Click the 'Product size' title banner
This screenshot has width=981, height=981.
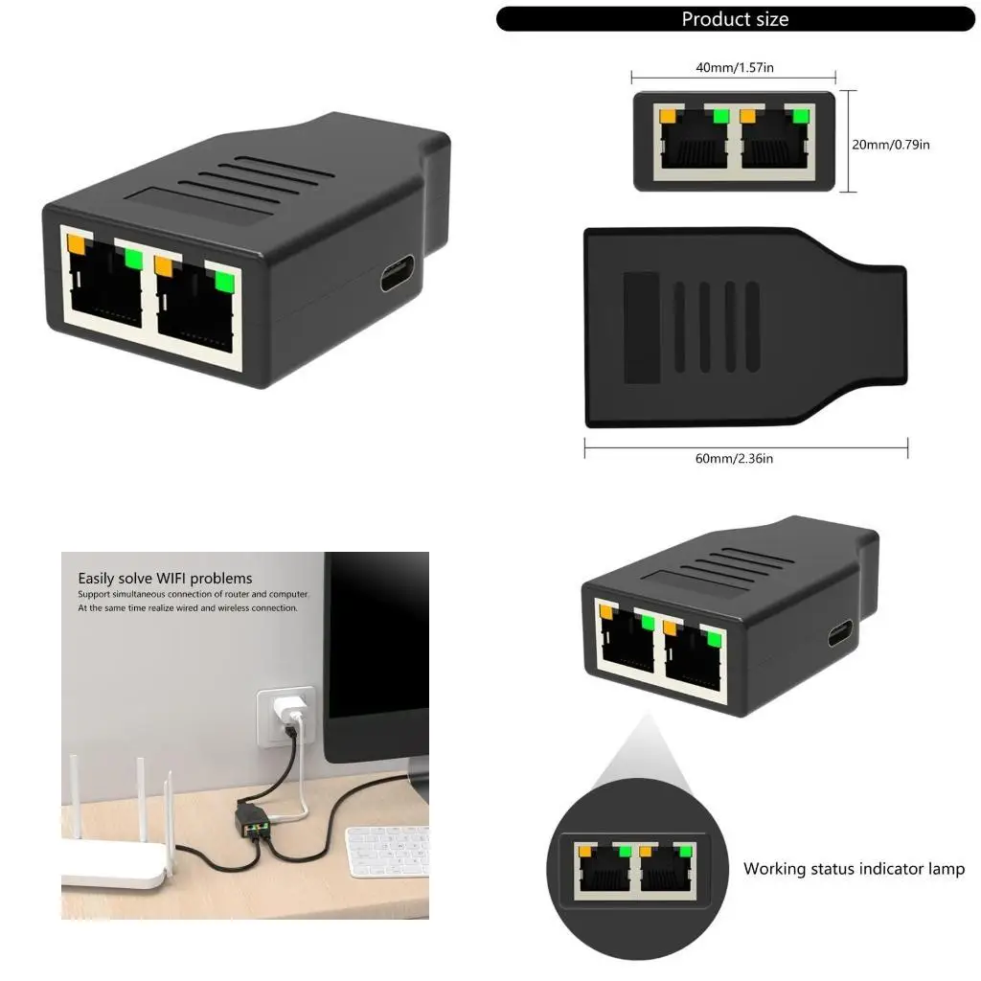pyautogui.click(x=735, y=19)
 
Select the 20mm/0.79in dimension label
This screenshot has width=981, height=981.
pyautogui.click(x=891, y=145)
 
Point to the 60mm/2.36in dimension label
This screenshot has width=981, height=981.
pyautogui.click(x=734, y=459)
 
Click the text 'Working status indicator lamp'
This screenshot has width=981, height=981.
pyautogui.click(x=854, y=869)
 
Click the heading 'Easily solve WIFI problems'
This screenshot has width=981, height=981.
pyautogui.click(x=165, y=578)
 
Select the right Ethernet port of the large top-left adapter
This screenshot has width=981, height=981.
pyautogui.click(x=195, y=307)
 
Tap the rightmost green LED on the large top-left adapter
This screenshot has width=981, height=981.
pyautogui.click(x=225, y=282)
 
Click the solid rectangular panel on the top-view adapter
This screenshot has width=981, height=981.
pyautogui.click(x=641, y=327)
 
